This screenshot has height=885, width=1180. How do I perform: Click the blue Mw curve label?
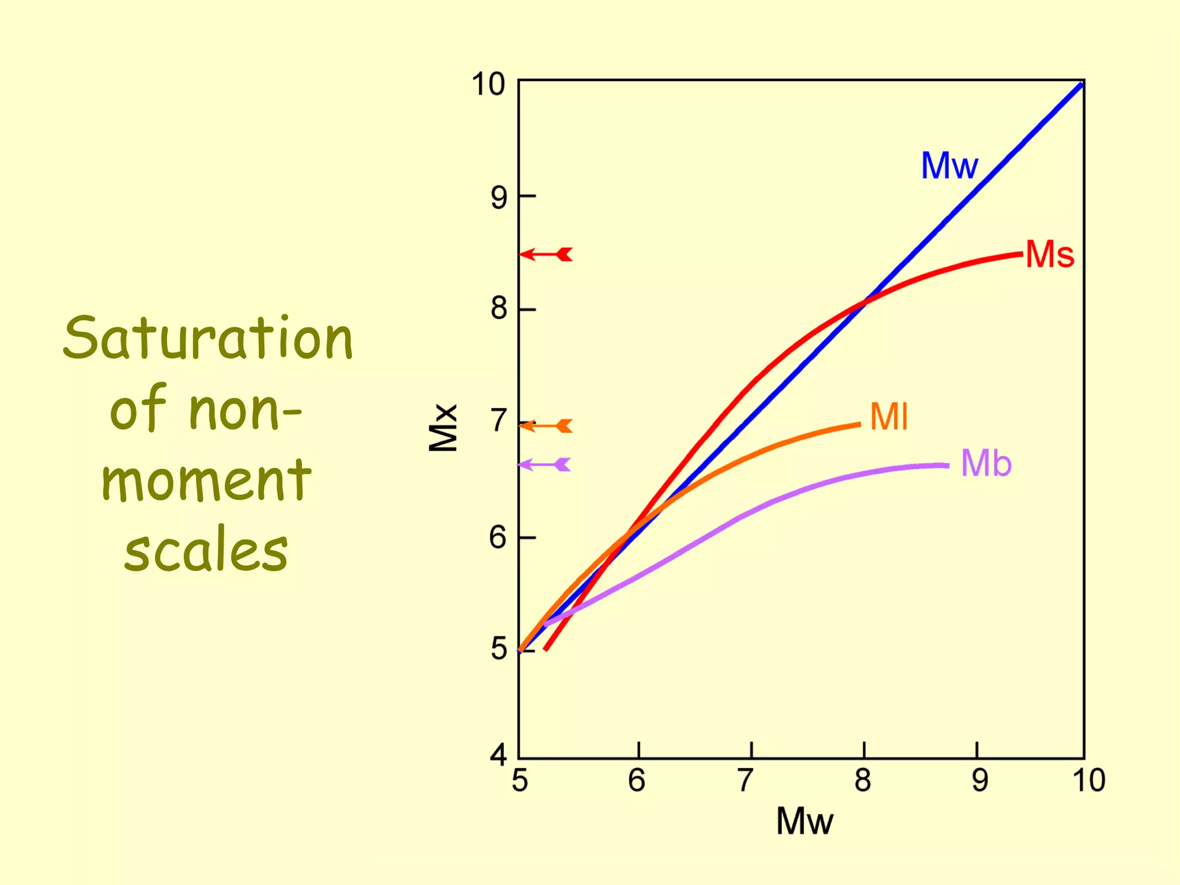949,166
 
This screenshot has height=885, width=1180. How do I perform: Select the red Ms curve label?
1050,254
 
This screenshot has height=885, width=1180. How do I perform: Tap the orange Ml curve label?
889,417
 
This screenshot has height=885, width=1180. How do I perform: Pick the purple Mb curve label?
986,463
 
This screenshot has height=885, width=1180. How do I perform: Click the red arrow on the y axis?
546,254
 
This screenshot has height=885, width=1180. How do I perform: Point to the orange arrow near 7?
546,426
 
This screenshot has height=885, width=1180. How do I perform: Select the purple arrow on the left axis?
544,464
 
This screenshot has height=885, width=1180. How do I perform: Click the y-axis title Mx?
443,428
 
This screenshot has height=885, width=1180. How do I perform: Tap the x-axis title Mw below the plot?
804,821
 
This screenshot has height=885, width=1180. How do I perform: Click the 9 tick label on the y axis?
499,198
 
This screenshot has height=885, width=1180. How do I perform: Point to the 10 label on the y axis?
488,85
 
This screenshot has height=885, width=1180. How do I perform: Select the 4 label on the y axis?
498,754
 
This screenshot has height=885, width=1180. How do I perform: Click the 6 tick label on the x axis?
637,781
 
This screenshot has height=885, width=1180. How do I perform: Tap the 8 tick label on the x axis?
863,781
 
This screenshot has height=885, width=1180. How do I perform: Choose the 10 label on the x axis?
1088,781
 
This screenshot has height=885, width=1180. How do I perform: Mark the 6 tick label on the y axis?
498,538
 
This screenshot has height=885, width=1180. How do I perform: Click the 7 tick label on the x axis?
746,781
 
